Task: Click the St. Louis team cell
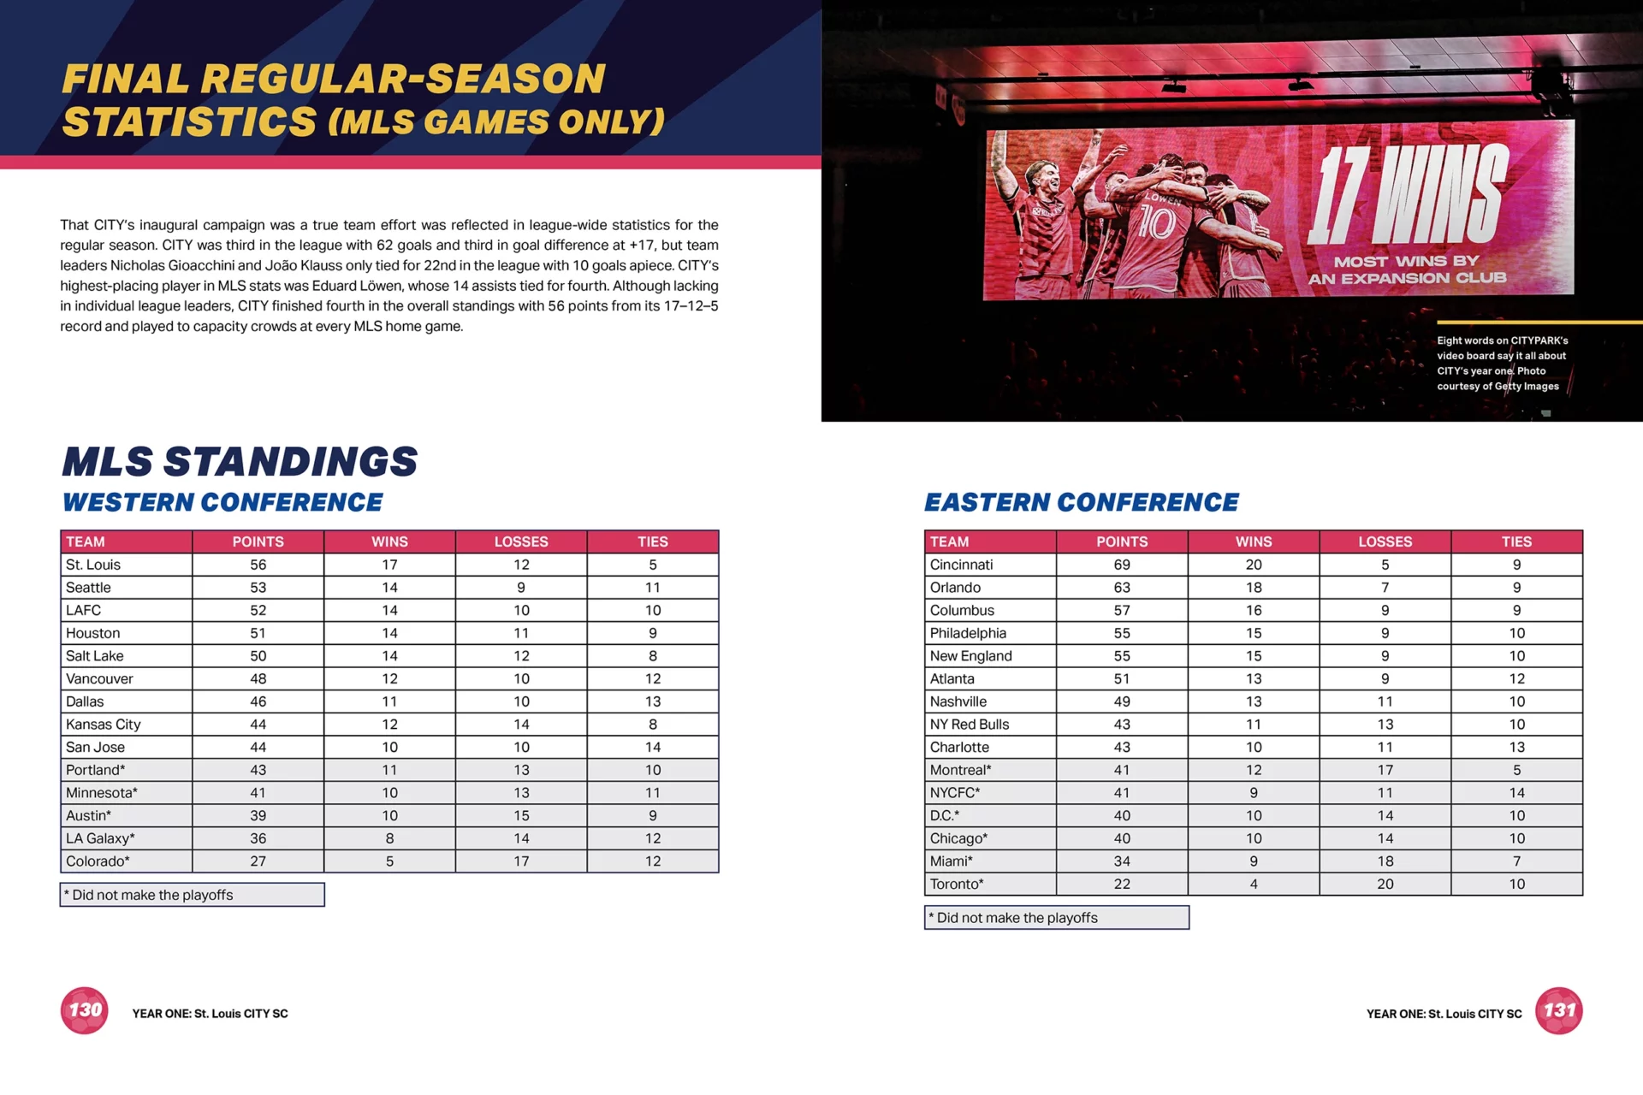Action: click(93, 565)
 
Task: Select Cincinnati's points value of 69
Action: click(1121, 565)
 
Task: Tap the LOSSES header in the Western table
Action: click(520, 542)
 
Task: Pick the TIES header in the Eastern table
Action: click(1515, 542)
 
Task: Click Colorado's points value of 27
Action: click(258, 861)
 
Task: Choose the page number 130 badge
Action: click(85, 1010)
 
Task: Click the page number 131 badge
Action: click(1558, 1010)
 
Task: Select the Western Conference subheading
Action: click(222, 502)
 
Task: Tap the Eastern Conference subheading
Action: click(1081, 502)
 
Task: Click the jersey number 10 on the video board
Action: click(1157, 225)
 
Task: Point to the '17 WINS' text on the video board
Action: click(1408, 195)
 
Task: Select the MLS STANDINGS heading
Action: click(240, 462)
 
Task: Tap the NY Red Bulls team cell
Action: click(970, 725)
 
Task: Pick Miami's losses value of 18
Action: click(1385, 861)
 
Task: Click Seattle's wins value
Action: click(389, 588)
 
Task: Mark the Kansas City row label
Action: click(104, 725)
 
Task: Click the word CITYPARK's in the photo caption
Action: click(1539, 340)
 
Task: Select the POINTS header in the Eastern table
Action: click(1121, 542)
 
